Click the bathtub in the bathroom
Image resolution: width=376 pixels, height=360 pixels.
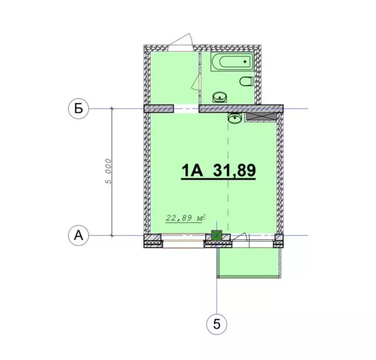click(232, 62)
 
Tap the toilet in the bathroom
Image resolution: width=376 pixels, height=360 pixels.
click(246, 82)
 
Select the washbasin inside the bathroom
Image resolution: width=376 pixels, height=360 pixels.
click(220, 97)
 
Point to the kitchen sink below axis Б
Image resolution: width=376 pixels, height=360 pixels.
click(235, 118)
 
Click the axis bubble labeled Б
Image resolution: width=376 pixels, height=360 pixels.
click(79, 109)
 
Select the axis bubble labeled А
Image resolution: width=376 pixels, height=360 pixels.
click(79, 235)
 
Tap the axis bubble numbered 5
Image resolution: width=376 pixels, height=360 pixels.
click(216, 324)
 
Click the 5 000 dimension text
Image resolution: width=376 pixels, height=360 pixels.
click(108, 171)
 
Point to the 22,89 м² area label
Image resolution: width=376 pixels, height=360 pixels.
click(186, 217)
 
